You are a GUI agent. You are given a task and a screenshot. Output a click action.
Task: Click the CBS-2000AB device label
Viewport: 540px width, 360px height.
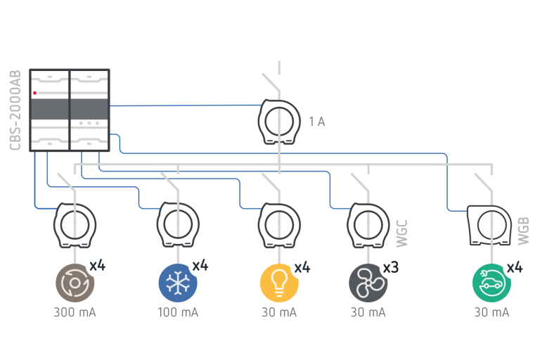(x=15, y=110)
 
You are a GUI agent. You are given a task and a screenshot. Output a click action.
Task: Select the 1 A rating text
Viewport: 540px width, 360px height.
(x=316, y=122)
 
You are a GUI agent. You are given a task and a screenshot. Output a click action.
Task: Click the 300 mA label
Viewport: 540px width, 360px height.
(x=75, y=312)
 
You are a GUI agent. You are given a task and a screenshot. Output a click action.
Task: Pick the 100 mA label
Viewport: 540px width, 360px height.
(x=177, y=312)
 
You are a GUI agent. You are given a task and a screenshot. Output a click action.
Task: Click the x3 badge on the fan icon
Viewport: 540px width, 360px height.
(x=391, y=268)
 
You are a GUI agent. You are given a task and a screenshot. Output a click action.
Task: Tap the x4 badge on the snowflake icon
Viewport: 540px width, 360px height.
(x=200, y=266)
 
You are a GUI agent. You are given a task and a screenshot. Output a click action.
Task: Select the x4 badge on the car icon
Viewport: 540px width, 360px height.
(x=515, y=268)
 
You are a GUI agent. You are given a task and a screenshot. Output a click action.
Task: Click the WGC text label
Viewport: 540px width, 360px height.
(x=401, y=233)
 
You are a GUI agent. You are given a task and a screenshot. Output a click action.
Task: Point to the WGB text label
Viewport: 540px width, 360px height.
(x=523, y=231)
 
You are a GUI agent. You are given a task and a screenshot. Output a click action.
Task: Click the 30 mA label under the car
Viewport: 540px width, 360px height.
(x=491, y=312)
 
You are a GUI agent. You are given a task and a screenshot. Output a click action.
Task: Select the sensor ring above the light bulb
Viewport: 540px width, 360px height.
(x=279, y=224)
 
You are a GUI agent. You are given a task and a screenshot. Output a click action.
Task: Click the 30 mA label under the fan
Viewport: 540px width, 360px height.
(x=368, y=312)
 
